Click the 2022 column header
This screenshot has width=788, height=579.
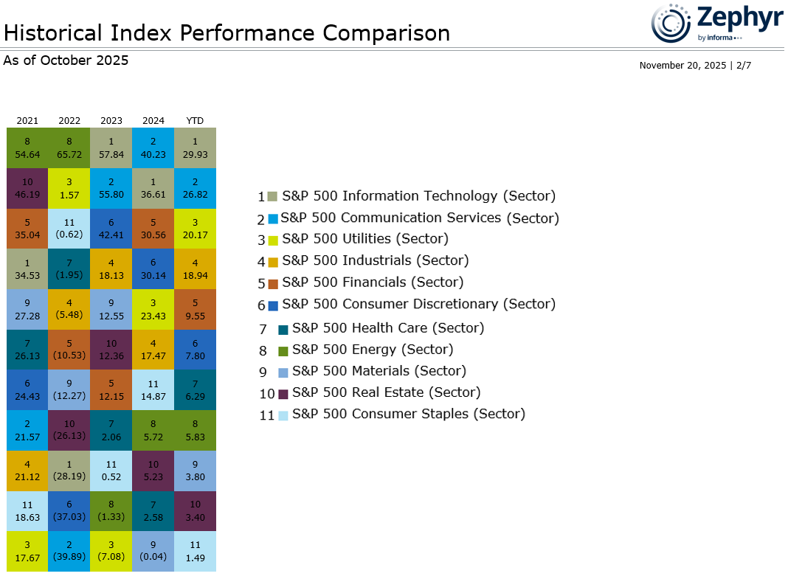coord(69,120)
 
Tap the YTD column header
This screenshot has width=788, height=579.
coord(195,120)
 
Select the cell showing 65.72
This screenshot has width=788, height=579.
coord(69,148)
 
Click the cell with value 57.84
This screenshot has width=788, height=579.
coord(111,148)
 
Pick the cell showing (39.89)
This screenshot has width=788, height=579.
coord(69,552)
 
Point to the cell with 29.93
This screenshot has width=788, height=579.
coord(195,148)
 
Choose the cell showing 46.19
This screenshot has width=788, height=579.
coord(27,188)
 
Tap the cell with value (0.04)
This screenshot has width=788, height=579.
coord(153,552)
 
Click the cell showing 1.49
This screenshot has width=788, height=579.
coord(195,552)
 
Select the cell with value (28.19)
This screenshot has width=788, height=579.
coord(69,471)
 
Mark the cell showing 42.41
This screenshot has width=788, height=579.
coord(111,229)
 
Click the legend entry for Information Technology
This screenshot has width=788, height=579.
coord(407,196)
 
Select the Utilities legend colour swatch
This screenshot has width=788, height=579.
coord(273,240)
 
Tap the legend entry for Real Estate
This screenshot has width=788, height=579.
coord(370,392)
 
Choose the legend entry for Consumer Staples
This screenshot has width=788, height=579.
coord(392,415)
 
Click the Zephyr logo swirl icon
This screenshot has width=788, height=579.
coord(671,23)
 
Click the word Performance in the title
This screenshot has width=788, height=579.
coord(246,33)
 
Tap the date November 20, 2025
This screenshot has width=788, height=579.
coord(682,66)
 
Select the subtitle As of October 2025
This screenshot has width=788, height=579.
coord(66,60)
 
